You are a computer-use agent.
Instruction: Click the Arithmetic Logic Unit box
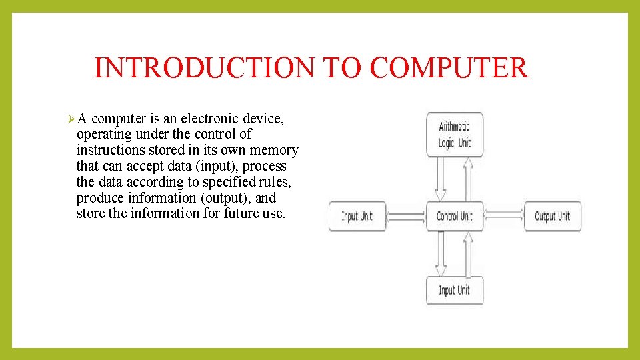(455, 135)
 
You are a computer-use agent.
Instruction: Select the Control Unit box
(455, 216)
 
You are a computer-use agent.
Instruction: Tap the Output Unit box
(552, 216)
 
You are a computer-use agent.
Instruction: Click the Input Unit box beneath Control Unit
(455, 290)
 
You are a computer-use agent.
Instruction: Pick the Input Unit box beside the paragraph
(357, 216)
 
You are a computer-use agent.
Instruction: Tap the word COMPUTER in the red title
(448, 68)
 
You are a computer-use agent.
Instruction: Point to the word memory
(275, 150)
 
